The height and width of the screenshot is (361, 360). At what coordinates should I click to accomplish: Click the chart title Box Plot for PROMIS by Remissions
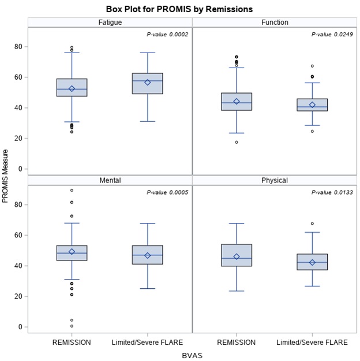point(179,9)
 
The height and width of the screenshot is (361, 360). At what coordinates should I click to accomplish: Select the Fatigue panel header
point(110,23)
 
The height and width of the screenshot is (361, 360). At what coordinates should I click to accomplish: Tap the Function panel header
point(275,23)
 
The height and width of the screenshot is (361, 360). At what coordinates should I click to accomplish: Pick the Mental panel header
point(110,180)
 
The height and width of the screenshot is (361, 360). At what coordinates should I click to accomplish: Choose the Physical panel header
point(275,180)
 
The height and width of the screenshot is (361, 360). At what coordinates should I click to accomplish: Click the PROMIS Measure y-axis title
point(6,176)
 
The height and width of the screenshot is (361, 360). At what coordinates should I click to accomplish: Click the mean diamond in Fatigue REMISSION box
point(72,89)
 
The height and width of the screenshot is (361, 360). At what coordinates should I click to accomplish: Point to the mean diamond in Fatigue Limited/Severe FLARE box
point(148,83)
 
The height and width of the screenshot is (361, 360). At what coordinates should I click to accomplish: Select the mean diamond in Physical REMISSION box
point(237,256)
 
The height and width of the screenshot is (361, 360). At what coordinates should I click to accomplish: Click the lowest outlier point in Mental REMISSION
point(72,326)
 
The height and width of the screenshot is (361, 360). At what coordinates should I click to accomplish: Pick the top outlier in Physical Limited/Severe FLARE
point(312,224)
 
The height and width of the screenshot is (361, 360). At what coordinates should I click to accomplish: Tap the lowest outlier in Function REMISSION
point(237,142)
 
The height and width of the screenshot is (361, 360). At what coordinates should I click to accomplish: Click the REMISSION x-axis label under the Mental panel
point(72,342)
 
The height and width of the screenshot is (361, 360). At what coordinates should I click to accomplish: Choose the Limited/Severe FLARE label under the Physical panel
point(312,342)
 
